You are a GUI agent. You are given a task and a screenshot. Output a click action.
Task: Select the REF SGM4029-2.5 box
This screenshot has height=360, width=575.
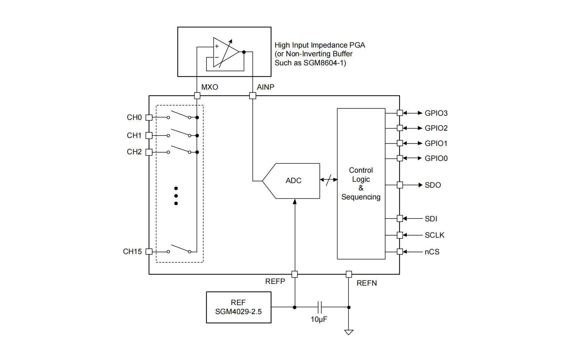(238, 307)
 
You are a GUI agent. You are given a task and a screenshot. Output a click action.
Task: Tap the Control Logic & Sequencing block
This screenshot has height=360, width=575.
(361, 183)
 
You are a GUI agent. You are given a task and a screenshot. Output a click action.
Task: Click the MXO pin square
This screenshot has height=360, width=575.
(197, 96)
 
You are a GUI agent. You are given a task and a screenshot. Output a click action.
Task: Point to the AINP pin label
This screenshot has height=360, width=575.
(265, 87)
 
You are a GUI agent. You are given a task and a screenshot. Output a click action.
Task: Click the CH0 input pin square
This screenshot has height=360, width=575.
(149, 117)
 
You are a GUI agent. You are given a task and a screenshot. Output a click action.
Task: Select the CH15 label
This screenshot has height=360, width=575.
(132, 252)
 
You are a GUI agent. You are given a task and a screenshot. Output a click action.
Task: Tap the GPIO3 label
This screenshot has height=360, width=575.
(436, 113)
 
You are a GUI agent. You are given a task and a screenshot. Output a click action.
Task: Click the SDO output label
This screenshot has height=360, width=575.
(432, 185)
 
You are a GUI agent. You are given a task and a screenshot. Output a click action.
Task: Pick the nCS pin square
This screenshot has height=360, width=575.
(400, 252)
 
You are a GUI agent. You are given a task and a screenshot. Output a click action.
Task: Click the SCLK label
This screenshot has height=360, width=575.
(434, 235)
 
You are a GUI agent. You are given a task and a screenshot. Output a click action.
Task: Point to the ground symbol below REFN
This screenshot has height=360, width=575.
(349, 332)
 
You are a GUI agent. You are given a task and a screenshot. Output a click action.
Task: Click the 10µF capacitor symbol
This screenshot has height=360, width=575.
(320, 307)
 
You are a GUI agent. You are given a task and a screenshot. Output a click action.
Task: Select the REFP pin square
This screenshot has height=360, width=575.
(294, 274)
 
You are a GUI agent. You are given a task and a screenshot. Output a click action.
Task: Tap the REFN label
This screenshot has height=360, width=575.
(366, 283)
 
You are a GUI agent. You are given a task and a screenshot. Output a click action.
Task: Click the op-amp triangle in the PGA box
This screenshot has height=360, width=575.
(226, 52)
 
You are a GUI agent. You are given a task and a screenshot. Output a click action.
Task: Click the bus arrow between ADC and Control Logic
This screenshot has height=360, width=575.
(329, 180)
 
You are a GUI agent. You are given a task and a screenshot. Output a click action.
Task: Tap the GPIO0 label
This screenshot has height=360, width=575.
(436, 158)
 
